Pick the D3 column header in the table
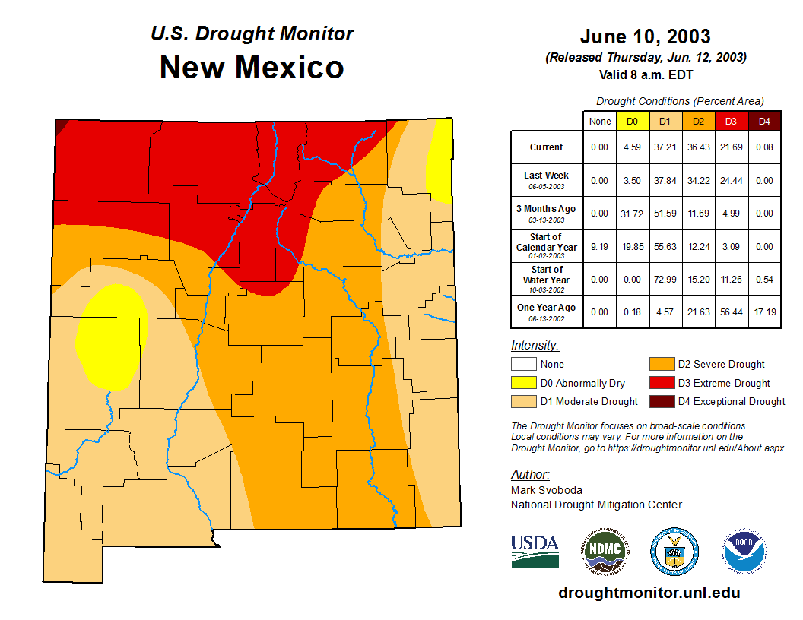point(731,121)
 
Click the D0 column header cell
point(633,121)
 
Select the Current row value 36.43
point(698,147)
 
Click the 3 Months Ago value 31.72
point(633,214)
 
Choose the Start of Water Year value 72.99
point(665,279)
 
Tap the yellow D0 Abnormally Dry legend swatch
point(524,383)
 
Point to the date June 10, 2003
point(645,36)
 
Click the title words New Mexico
point(252,68)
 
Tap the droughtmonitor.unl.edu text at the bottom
point(649,593)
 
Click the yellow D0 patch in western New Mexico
point(110,334)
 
